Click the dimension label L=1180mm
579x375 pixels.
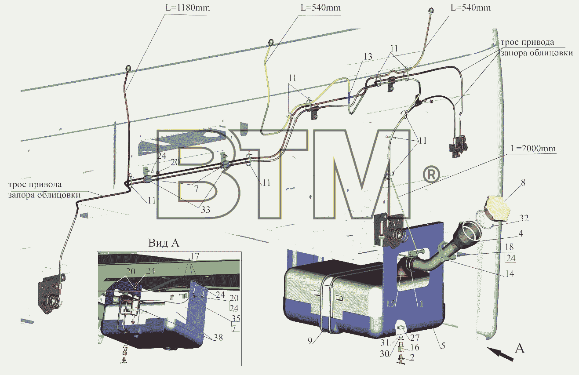point(188,7)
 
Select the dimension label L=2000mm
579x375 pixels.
point(533,148)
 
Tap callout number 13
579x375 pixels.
point(368,56)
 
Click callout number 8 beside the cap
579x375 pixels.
point(523,182)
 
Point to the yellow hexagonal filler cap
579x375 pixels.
point(496,208)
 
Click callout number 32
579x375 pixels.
point(524,218)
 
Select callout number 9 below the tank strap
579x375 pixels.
point(310,341)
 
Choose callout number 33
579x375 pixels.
point(205,210)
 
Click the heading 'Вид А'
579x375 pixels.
point(164,243)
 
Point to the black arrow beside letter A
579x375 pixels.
point(500,354)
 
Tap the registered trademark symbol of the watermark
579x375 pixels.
point(431,175)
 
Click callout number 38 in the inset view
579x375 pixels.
point(218,337)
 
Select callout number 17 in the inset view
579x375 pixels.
point(195,256)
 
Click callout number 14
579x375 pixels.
point(510,273)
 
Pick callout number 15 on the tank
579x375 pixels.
point(391,303)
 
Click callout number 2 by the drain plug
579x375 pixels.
point(412,357)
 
